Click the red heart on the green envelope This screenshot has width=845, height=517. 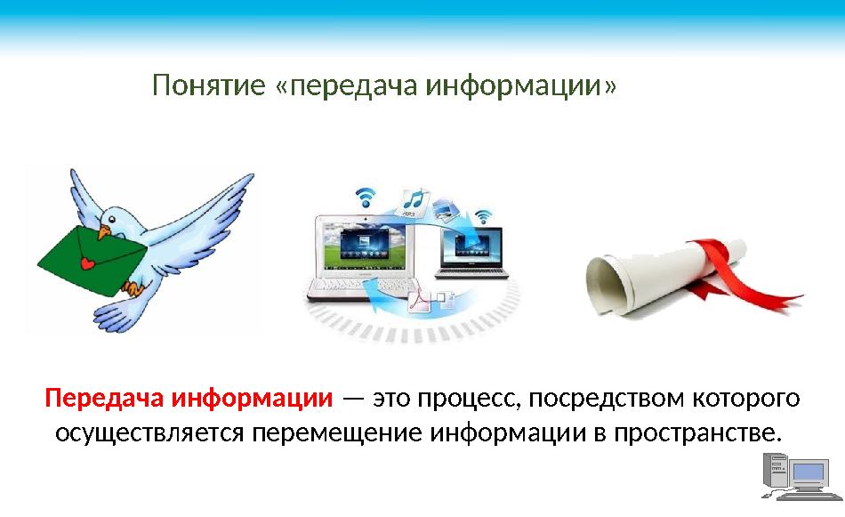coord(86,264)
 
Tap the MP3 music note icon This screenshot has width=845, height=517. coord(414,201)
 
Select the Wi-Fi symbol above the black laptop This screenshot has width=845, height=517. coord(483,216)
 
